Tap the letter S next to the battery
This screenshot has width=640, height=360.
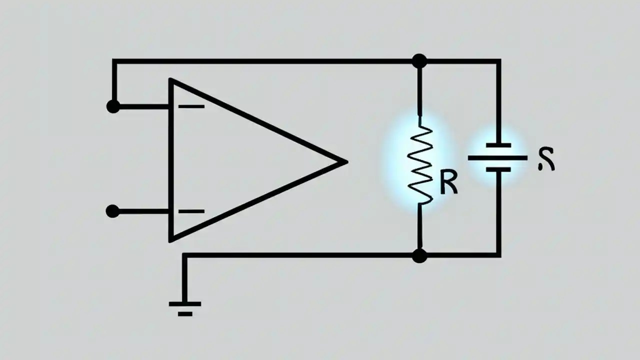[546, 160]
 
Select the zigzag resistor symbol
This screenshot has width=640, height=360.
[420, 165]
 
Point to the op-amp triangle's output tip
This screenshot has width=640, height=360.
[345, 161]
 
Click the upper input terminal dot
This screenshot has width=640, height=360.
[113, 106]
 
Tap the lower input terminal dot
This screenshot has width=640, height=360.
[113, 211]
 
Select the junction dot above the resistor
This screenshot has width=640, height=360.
[419, 61]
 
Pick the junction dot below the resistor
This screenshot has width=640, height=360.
[419, 255]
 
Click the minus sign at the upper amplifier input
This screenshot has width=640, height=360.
[191, 106]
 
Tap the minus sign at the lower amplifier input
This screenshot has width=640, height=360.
[191, 211]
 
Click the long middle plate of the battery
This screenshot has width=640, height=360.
[497, 158]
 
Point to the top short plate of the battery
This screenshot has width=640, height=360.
[498, 145]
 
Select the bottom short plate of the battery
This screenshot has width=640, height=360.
[498, 170]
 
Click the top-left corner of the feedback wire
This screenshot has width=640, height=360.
[114, 61]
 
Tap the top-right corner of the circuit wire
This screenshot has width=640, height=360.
[498, 61]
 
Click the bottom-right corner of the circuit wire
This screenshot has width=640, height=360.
[498, 255]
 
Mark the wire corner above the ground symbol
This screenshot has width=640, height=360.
[184, 255]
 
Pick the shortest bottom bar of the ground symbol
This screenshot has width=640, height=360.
[184, 314]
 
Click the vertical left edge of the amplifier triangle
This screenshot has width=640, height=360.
[170, 160]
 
